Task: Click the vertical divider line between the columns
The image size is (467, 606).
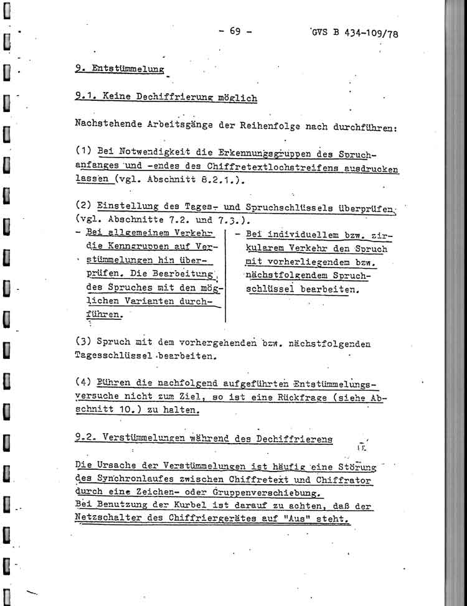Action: pyautogui.click(x=225, y=274)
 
